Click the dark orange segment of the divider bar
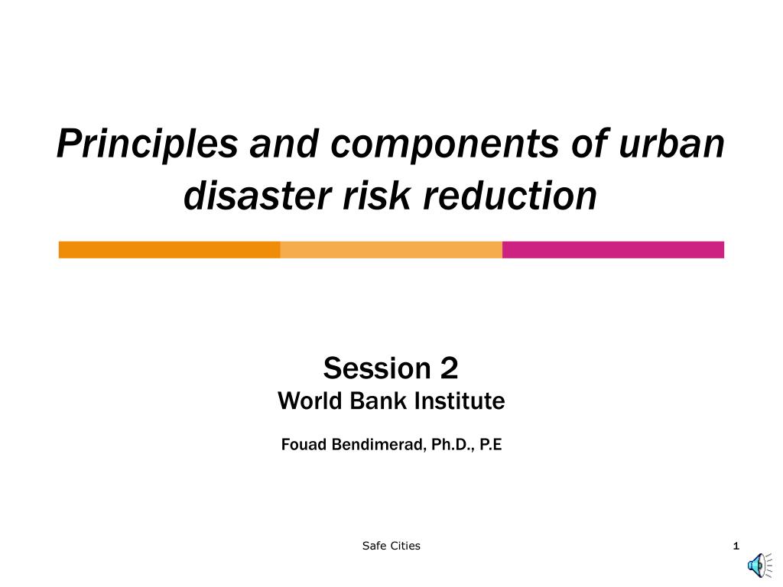tap(169, 250)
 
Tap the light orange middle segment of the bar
tap(391, 250)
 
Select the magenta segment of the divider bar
tap(612, 250)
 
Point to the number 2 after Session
tap(449, 368)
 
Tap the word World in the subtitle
tap(310, 401)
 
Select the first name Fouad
tap(304, 444)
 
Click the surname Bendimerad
tap(378, 444)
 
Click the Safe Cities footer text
tap(391, 546)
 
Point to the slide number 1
tap(736, 546)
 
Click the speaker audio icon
tap(758, 565)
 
